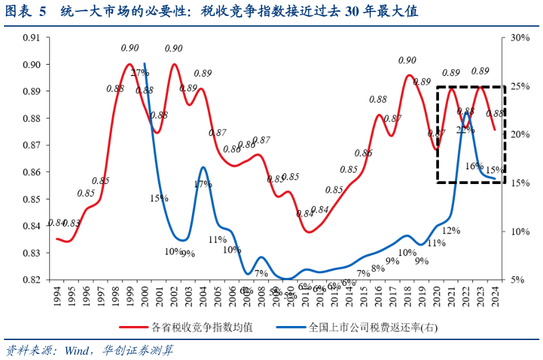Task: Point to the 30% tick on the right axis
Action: pos(519,37)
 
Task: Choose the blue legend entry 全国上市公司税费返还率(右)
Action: pos(374,327)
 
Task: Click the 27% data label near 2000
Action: pos(139,73)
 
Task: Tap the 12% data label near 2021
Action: pos(452,231)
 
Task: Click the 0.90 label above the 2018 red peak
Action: pos(407,61)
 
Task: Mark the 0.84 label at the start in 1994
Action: pos(57,223)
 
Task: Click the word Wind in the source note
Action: pos(78,350)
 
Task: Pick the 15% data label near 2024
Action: pos(495,170)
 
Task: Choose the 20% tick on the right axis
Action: pos(519,135)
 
